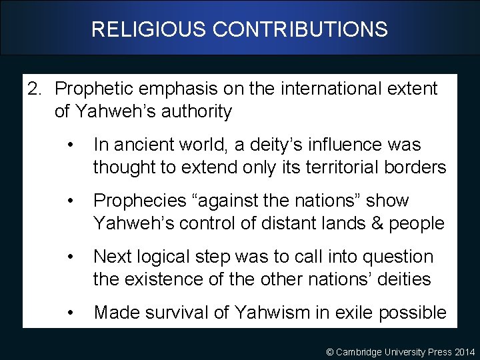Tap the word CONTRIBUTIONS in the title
(299, 29)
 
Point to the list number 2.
(34, 89)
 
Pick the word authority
(196, 111)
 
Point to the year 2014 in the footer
(463, 351)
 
